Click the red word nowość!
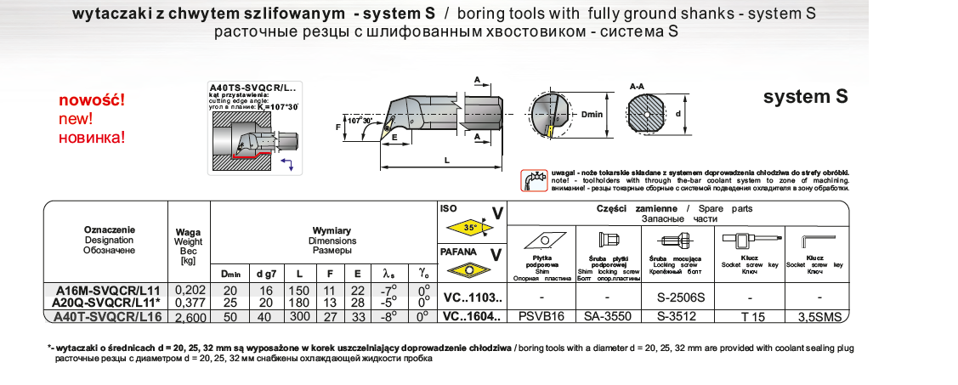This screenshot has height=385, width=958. [92, 100]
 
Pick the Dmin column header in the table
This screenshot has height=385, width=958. [231, 274]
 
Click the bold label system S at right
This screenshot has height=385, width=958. [805, 97]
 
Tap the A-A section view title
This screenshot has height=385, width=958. [638, 87]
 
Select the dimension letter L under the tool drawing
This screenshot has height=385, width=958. [446, 159]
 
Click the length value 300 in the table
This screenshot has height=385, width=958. [300, 316]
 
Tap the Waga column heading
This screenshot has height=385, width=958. [187, 230]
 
